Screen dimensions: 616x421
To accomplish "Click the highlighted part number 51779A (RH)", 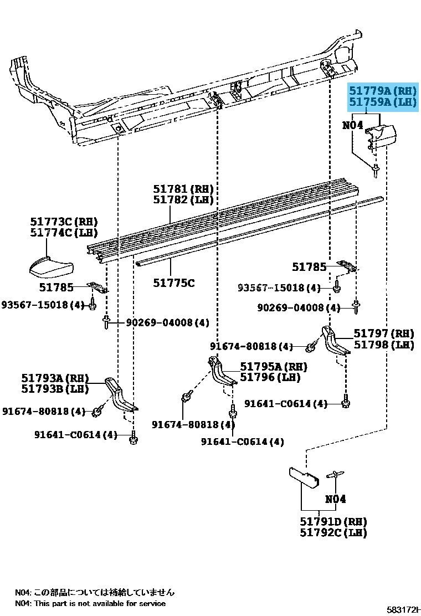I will (x=382, y=90).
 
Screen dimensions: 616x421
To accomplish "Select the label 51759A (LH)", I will (x=382, y=102).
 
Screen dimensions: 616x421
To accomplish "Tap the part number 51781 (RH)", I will (x=183, y=189).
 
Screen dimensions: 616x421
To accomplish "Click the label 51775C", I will (x=174, y=283).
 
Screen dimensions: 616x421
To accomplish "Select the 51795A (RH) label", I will (x=273, y=367).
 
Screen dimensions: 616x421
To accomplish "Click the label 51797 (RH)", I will (x=384, y=333).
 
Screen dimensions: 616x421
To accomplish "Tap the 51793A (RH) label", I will (x=55, y=378).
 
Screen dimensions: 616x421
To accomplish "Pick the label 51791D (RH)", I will (x=334, y=522).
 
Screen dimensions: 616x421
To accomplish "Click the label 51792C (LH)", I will (x=334, y=533).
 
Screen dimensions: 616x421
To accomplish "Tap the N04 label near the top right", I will (x=352, y=126).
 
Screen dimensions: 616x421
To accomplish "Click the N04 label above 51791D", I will (x=335, y=499).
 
